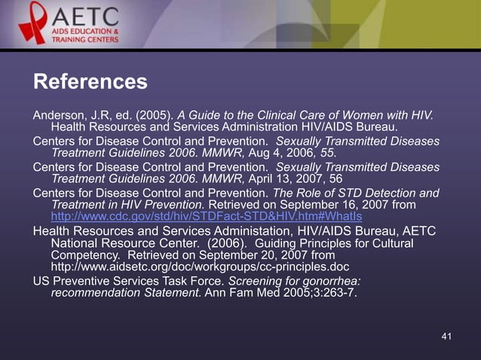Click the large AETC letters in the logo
84,15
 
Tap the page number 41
446,336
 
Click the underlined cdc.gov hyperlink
206,216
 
